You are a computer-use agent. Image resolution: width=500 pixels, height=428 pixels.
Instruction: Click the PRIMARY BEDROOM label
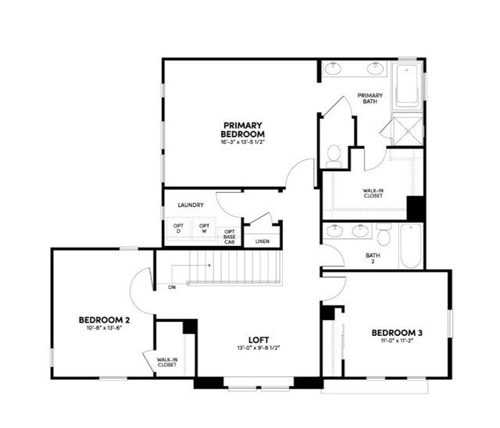(x=242, y=129)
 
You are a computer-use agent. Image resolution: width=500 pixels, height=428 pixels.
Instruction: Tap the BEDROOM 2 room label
(x=104, y=320)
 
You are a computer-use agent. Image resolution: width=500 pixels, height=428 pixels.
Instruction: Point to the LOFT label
(x=259, y=340)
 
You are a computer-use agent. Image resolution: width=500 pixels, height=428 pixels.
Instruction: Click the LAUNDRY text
(x=191, y=205)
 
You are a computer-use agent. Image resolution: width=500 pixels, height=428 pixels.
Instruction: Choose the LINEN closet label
(x=262, y=241)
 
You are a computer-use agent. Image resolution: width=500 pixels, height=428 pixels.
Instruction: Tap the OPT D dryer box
(x=178, y=229)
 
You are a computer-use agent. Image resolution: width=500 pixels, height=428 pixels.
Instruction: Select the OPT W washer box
(x=204, y=229)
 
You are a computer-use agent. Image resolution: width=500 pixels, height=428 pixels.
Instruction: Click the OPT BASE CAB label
(x=230, y=237)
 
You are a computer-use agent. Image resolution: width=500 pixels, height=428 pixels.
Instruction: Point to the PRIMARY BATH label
(x=370, y=99)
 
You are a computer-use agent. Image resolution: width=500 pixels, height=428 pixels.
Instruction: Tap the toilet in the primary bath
(x=334, y=154)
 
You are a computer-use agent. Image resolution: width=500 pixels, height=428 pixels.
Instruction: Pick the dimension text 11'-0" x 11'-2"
(x=396, y=341)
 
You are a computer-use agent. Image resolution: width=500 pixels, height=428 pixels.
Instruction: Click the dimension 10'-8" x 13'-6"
(x=104, y=329)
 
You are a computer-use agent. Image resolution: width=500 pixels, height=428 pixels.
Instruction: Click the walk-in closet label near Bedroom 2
(x=166, y=362)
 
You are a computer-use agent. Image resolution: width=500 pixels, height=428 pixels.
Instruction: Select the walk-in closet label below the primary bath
(x=373, y=193)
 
